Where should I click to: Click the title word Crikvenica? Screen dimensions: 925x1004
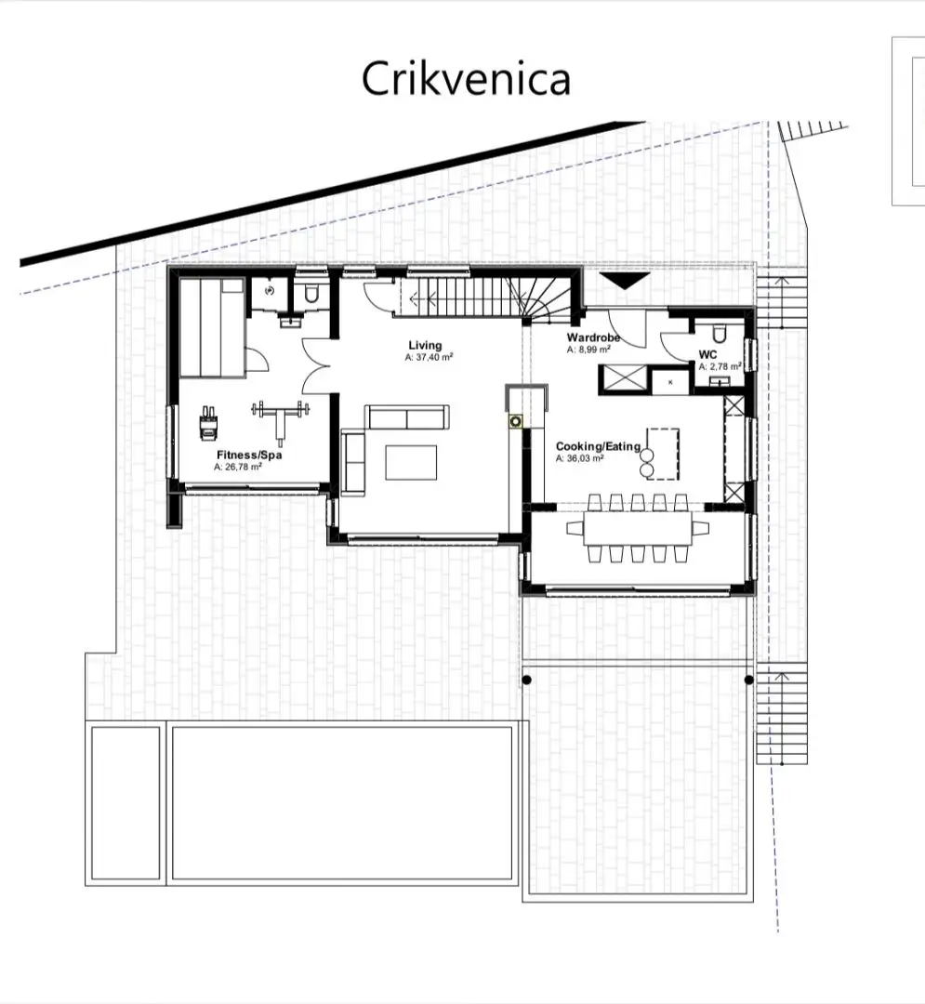tap(466, 79)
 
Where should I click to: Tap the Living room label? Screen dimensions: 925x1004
tap(425, 345)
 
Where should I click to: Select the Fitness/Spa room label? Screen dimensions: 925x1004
tap(249, 455)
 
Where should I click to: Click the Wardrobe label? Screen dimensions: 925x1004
tap(593, 337)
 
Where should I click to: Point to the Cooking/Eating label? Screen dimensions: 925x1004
tap(598, 446)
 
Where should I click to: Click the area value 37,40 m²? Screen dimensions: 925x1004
tap(429, 357)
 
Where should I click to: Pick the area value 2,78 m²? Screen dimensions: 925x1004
tap(720, 367)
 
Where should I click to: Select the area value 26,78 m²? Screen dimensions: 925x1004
tap(238, 467)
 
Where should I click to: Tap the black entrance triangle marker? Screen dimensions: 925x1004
tap(625, 281)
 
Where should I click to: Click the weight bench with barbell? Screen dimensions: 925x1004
tap(281, 420)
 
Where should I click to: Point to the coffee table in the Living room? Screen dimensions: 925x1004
tap(411, 462)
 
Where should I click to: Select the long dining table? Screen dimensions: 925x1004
tap(638, 528)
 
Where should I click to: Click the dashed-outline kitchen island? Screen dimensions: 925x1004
tap(663, 454)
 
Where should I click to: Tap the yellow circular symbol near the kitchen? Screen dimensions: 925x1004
tap(515, 421)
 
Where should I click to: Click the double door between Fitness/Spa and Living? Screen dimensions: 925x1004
tap(315, 365)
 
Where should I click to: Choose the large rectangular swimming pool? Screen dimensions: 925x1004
tap(342, 803)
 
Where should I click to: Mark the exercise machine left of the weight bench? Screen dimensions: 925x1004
tap(209, 423)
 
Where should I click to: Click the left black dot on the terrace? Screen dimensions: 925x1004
tap(527, 680)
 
